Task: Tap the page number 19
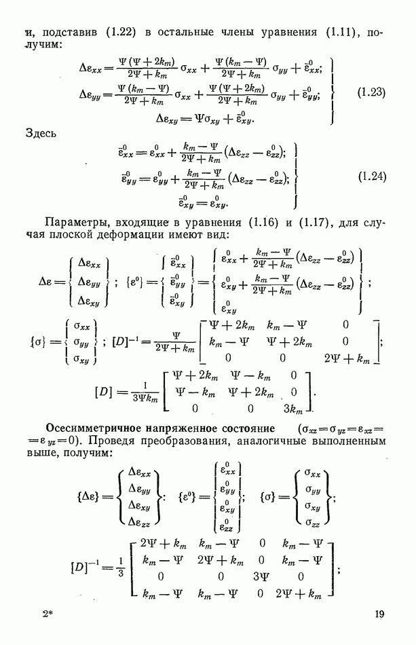[379, 615]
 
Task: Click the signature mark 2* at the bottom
[48, 615]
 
